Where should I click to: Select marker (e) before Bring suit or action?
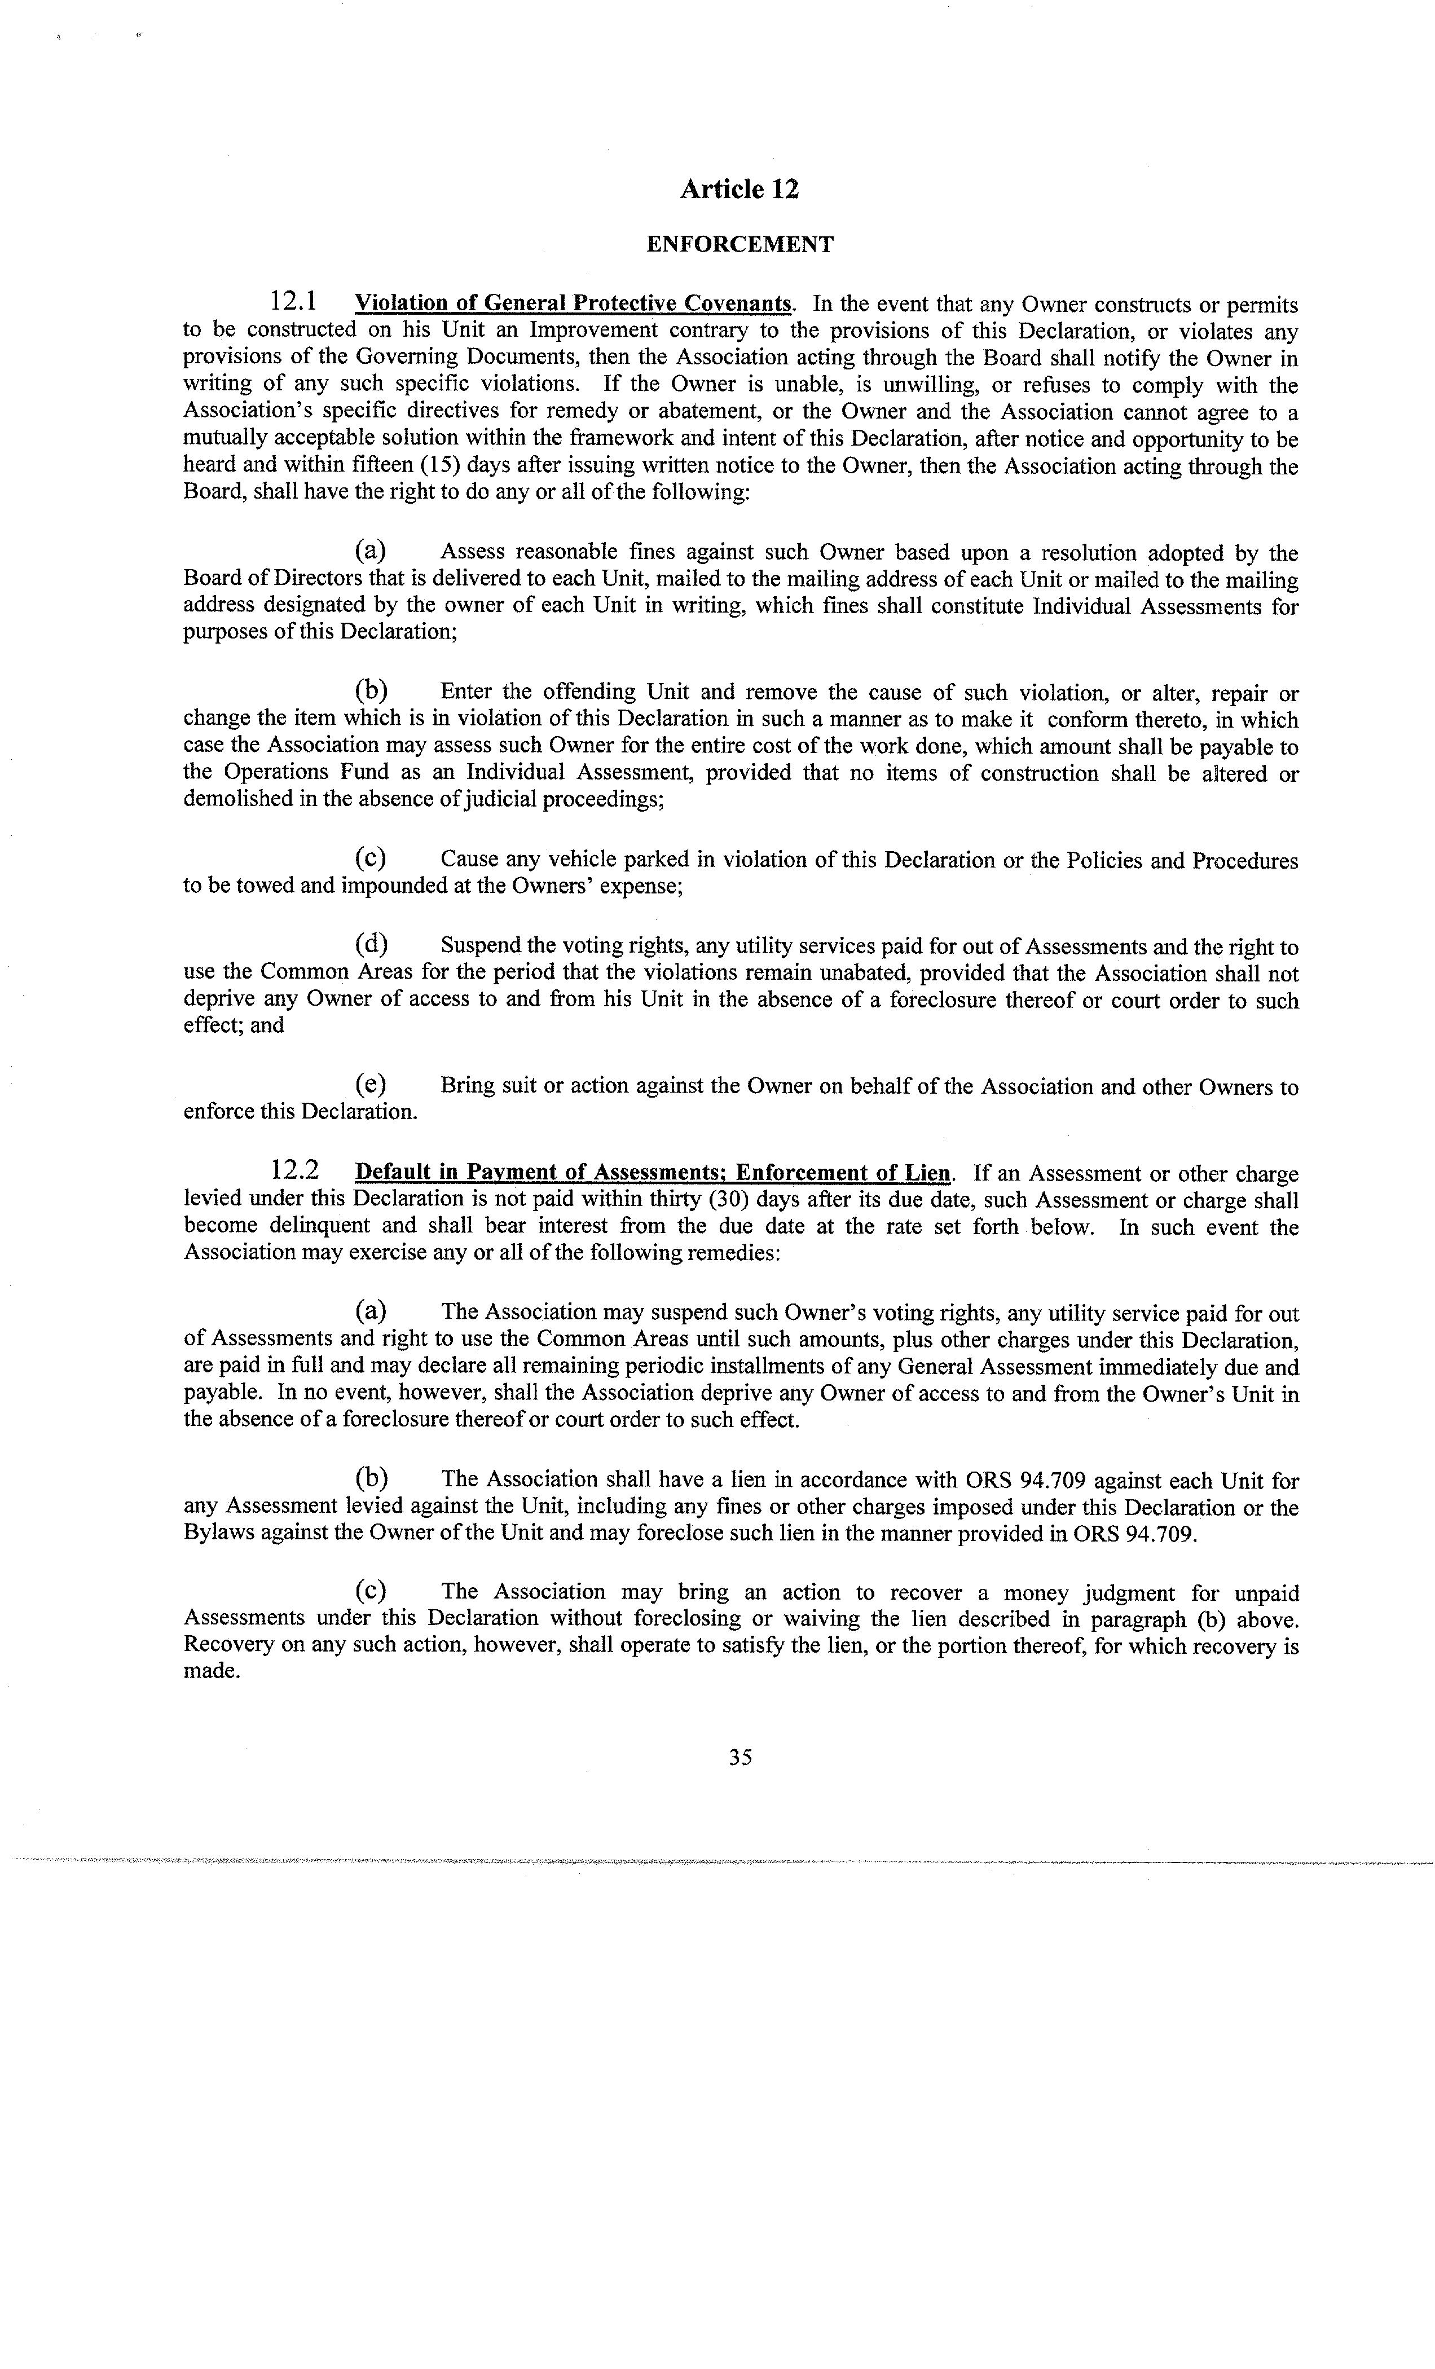370,1085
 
